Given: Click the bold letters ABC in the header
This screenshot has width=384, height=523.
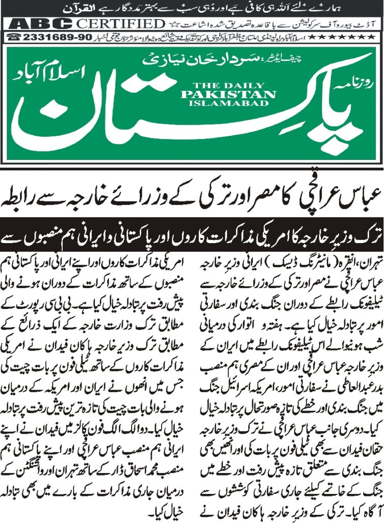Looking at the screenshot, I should pos(35,23).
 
